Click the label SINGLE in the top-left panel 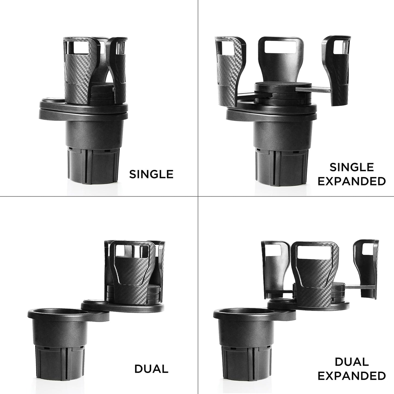(151, 174)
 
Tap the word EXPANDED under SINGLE (351, 181)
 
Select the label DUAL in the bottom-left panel (151, 369)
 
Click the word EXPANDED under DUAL (351, 376)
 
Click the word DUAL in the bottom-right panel (351, 362)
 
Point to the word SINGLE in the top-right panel (351, 167)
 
